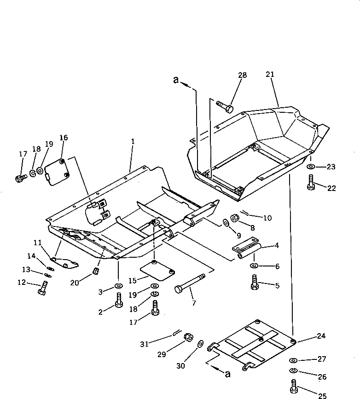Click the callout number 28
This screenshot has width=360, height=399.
coord(243,75)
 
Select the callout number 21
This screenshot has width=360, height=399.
coord(270,74)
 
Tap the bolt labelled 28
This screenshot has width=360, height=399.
coord(224,106)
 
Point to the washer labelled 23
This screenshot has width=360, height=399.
coord(311,167)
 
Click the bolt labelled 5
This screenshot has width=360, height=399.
coord(254,282)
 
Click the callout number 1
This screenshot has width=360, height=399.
coord(133,142)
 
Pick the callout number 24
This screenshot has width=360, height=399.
coord(321,336)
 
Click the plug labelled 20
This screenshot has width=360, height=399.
coord(97,270)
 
